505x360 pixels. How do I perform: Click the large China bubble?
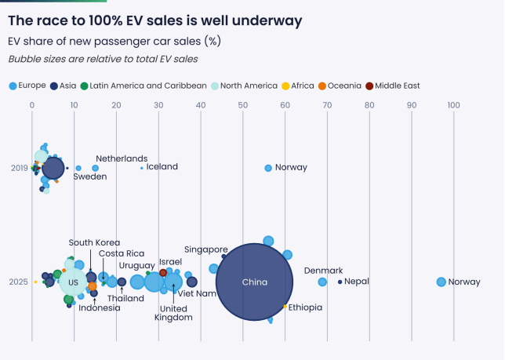(254, 282)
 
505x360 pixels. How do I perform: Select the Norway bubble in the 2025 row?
(441, 282)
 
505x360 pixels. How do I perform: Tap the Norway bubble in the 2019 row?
(268, 168)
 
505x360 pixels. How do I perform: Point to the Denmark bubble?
(322, 282)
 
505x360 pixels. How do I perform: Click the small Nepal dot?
(340, 282)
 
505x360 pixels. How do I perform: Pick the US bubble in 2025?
(73, 282)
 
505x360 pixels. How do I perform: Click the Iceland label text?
(162, 167)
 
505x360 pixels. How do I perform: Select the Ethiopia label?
(305, 307)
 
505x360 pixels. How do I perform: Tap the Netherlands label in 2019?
(122, 158)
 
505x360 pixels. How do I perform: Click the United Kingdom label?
(173, 313)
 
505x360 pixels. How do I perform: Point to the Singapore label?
(206, 249)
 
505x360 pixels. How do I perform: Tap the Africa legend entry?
(302, 85)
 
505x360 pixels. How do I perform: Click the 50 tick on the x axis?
(243, 104)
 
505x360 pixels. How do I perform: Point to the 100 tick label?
(455, 104)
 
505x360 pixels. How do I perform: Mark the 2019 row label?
(19, 168)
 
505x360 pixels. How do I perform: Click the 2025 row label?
(19, 282)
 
